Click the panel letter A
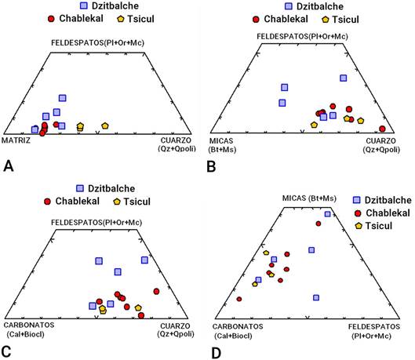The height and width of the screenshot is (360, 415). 9,166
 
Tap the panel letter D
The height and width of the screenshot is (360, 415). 217,354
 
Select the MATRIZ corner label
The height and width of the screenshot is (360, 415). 16,140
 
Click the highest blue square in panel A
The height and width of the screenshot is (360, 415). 62,98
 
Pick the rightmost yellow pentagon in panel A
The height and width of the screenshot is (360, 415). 105,126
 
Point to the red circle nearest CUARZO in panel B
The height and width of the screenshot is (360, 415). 382,129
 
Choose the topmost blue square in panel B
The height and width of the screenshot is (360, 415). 344,78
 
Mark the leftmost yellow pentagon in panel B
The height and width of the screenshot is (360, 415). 314,125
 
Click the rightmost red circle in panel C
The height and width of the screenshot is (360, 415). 156,292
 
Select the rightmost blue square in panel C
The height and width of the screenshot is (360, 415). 144,260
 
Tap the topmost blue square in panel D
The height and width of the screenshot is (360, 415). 328,214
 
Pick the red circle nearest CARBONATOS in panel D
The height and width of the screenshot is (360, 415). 239,299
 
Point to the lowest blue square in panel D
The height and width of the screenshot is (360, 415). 316,298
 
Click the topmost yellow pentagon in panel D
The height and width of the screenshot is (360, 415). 266,253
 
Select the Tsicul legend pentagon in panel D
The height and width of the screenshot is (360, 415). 359,226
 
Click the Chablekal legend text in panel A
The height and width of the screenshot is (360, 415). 82,19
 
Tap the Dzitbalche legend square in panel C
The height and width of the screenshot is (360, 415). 80,188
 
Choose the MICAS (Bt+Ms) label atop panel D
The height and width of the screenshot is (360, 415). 309,198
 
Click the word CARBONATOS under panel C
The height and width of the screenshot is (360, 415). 29,325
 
